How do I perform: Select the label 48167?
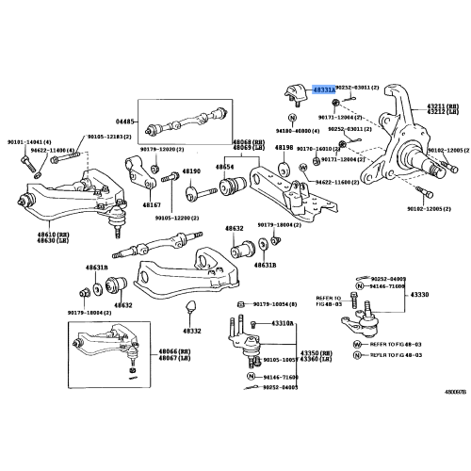point(153,205)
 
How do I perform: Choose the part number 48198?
point(284,148)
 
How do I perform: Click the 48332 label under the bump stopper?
point(192,331)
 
